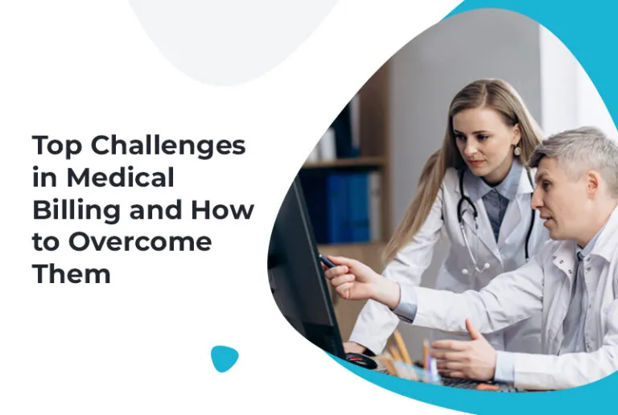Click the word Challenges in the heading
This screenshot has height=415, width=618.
[x=167, y=146]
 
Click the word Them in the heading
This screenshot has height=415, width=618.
[x=71, y=273]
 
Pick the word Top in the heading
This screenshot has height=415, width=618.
[x=56, y=146]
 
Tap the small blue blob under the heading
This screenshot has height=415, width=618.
[x=225, y=358]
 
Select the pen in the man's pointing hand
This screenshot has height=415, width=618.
[x=327, y=261]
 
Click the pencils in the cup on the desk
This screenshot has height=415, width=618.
[x=402, y=354]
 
